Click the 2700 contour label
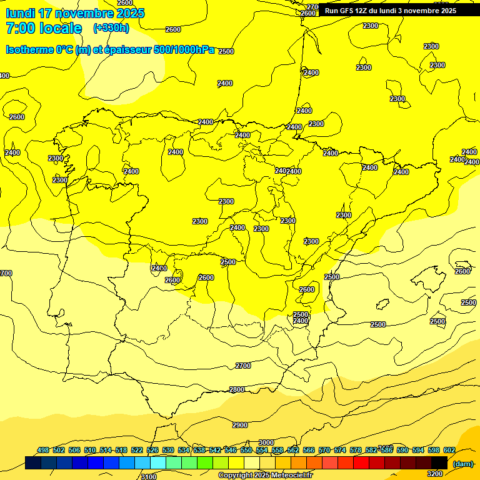coord(243,366)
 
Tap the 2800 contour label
coord(237,389)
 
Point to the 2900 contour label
coord(240,425)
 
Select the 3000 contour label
coord(266,442)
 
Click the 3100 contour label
coord(149,477)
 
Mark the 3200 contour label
coord(435,474)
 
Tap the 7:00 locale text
coord(44,28)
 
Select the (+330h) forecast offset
coord(111,28)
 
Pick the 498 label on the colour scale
coord(43,450)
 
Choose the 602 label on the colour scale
coord(449,450)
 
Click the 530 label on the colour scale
coord(168,450)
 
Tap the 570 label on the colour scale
coord(324,450)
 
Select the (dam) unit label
coord(463,463)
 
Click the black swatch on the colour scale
coord(439,462)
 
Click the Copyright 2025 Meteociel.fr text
coord(265,476)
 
